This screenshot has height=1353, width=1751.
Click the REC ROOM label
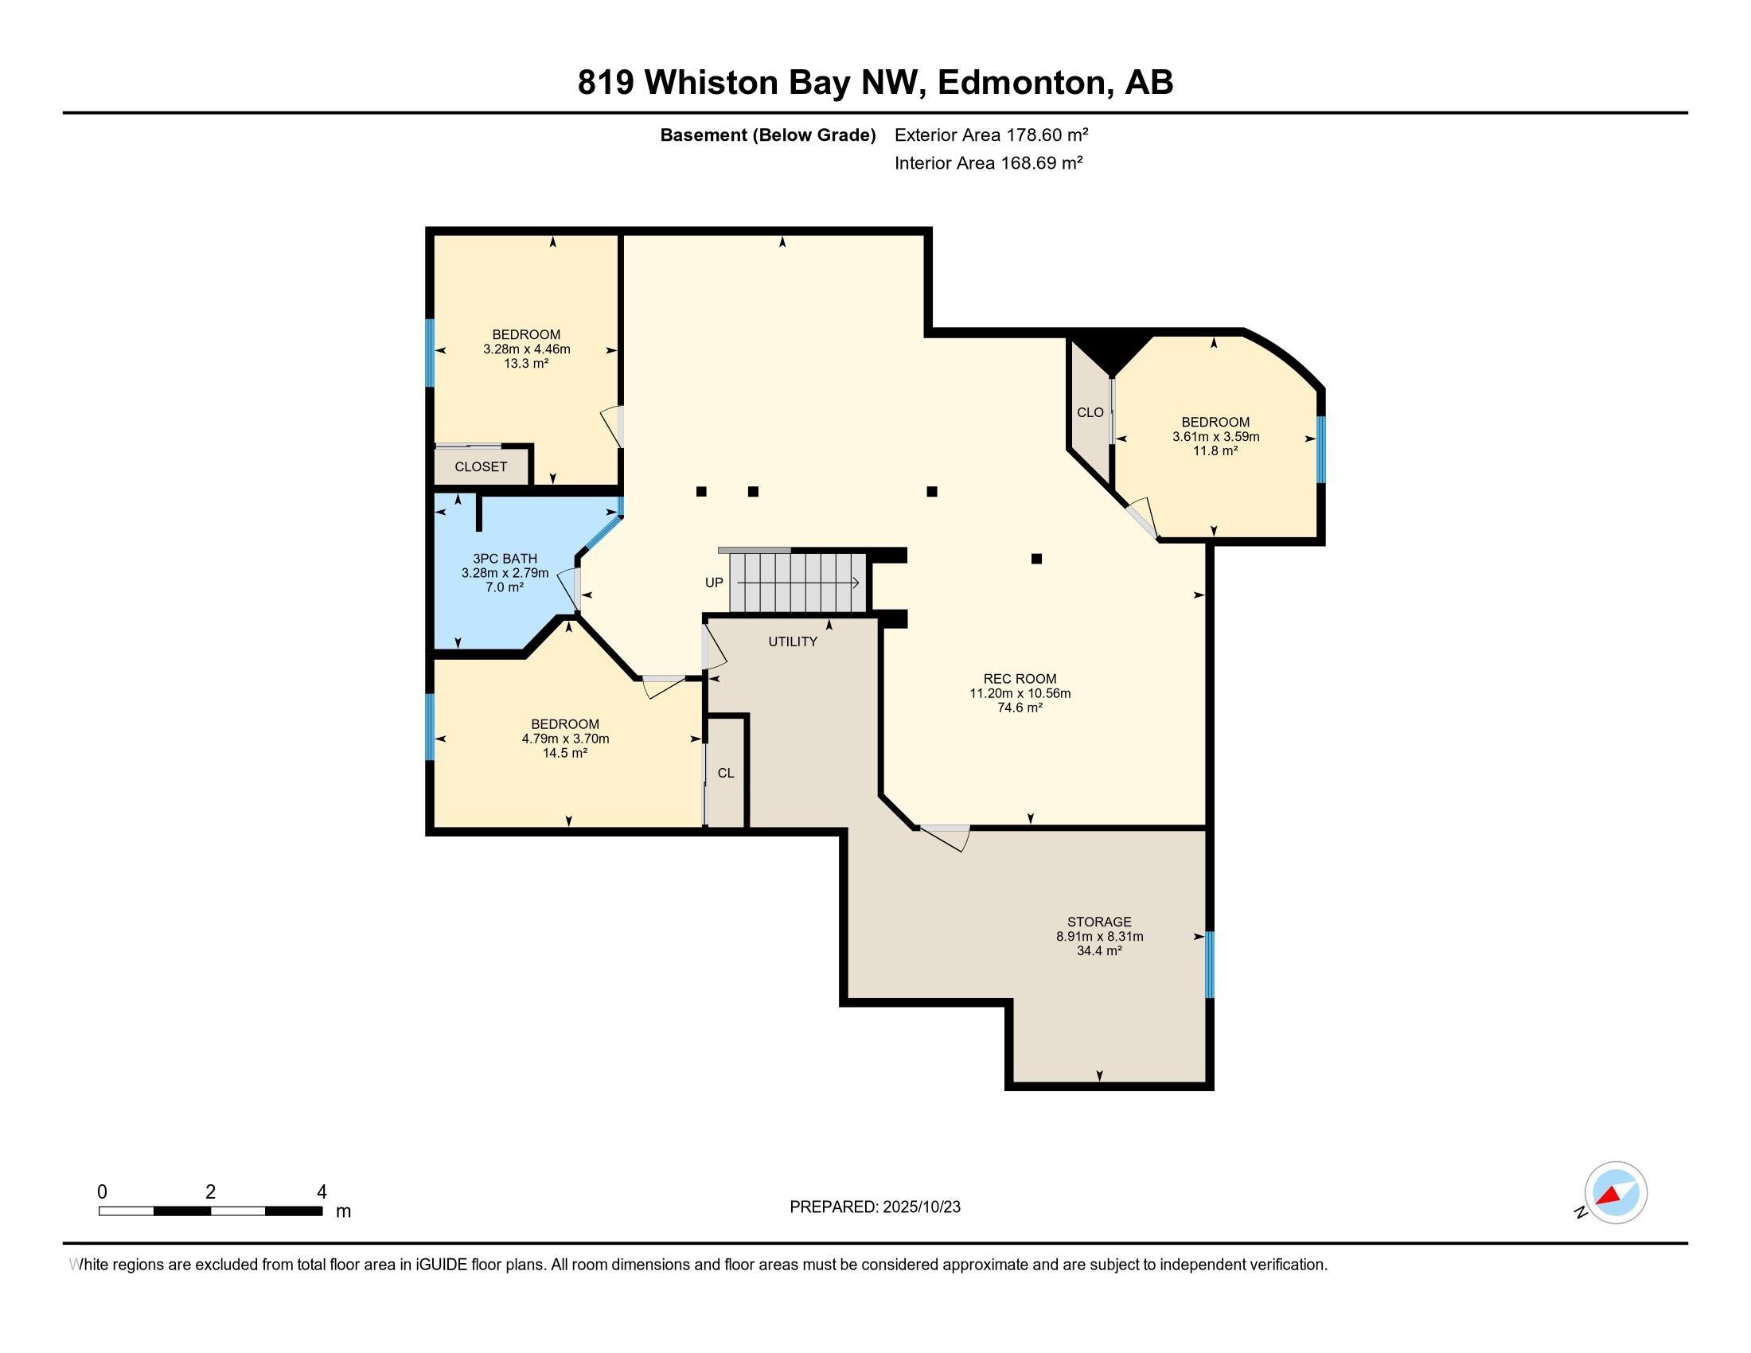pyautogui.click(x=1020, y=679)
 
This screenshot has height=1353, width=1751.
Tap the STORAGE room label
pyautogui.click(x=1099, y=922)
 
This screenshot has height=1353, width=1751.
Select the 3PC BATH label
pyautogui.click(x=505, y=559)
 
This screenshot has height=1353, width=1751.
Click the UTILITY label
pyautogui.click(x=793, y=641)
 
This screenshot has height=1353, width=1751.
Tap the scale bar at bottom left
pyautogui.click(x=210, y=1211)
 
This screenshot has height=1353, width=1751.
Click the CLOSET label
pyautogui.click(x=481, y=466)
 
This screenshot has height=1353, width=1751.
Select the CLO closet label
pyautogui.click(x=1090, y=412)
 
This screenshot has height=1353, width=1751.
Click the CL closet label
pyautogui.click(x=726, y=773)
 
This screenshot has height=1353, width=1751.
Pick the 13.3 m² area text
pyautogui.click(x=526, y=363)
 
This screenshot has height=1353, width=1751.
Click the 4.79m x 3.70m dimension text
pyautogui.click(x=565, y=739)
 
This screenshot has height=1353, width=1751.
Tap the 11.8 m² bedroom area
pyautogui.click(x=1215, y=450)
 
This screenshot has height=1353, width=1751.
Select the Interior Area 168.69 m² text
pyautogui.click(x=989, y=162)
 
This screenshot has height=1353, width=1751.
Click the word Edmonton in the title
pyautogui.click(x=1023, y=83)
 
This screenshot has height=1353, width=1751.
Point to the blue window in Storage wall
pyautogui.click(x=1210, y=965)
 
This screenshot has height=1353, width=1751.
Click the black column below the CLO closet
pyautogui.click(x=1036, y=559)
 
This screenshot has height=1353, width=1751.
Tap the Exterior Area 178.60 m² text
pyautogui.click(x=992, y=135)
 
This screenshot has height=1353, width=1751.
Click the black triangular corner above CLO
pyautogui.click(x=1111, y=353)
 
